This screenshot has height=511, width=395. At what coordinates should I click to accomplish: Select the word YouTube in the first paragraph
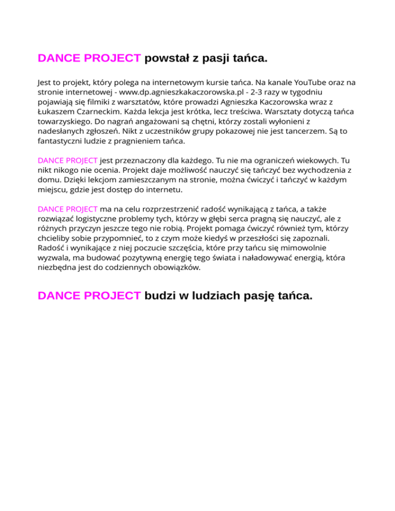pos(302,82)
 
